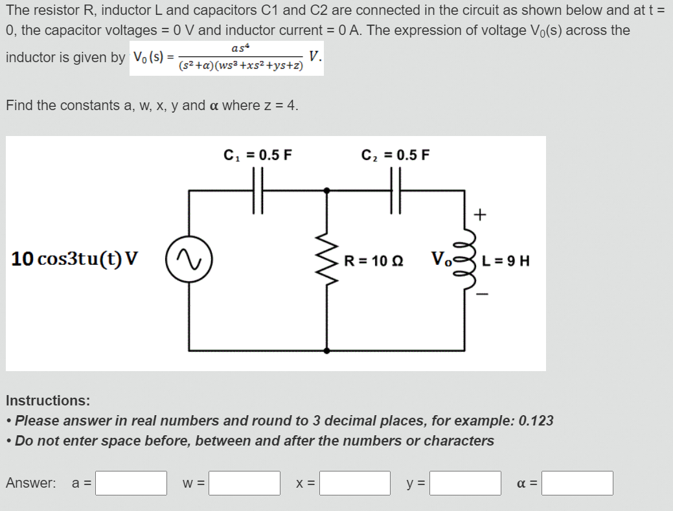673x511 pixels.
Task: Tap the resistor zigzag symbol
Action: [327, 260]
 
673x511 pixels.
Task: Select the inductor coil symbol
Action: [465, 260]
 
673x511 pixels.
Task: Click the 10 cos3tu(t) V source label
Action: [74, 259]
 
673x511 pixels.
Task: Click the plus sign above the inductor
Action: [480, 214]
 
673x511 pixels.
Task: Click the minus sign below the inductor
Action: [480, 295]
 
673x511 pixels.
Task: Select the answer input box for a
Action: [131, 483]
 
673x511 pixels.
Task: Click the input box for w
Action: [244, 483]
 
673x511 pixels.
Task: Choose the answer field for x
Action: [354, 483]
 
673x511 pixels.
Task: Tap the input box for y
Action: [465, 483]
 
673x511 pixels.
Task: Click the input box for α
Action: [577, 483]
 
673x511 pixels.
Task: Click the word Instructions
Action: [48, 400]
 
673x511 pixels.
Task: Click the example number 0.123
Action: [536, 420]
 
